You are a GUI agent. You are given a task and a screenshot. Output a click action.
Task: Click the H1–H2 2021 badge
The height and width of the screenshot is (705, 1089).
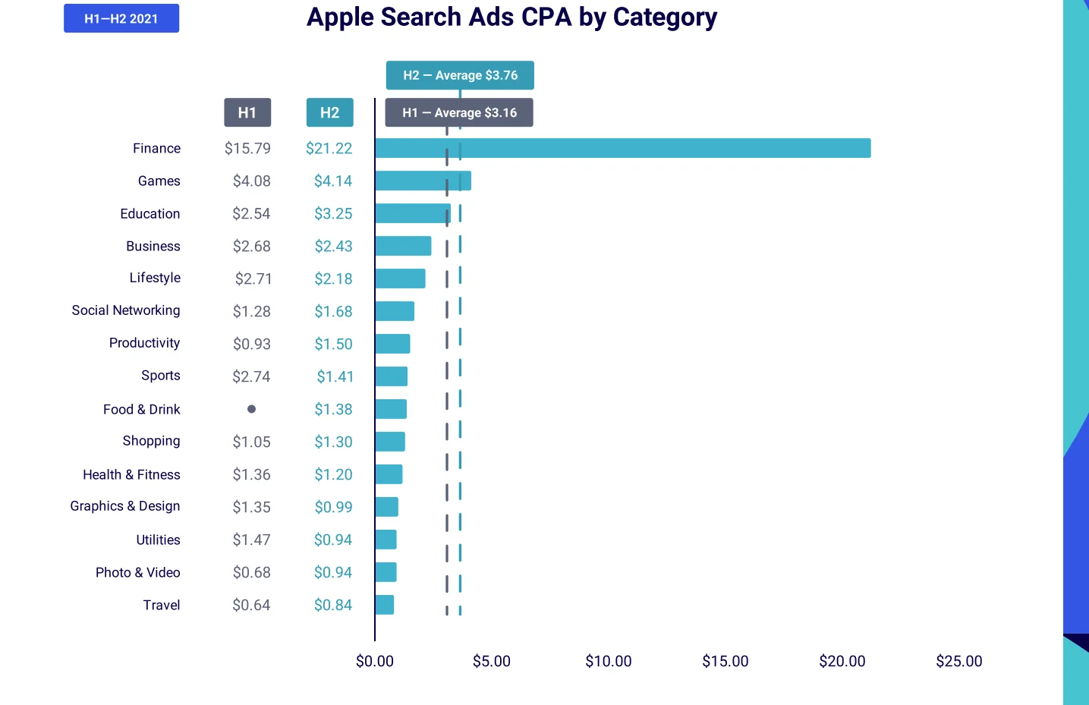coord(121,18)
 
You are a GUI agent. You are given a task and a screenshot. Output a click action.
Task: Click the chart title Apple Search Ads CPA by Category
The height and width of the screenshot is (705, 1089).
coord(511,17)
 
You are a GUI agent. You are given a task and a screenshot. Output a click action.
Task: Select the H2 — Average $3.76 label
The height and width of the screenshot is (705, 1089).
coord(460,75)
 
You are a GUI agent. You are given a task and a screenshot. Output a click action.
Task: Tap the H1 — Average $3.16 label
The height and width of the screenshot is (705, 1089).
coord(459,112)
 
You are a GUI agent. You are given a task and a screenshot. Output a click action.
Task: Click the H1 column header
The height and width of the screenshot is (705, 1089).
coord(247,112)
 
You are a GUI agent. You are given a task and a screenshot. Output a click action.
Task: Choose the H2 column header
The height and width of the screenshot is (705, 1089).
coord(329,112)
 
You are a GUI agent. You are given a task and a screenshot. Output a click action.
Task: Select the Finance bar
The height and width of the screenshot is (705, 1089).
coord(622,148)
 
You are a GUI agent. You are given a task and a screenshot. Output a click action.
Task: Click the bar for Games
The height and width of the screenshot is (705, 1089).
coord(423,181)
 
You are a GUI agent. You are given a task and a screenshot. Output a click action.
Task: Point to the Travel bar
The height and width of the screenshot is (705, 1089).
coord(385,605)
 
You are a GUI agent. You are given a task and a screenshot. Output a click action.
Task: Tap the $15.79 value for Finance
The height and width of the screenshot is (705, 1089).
coord(247,148)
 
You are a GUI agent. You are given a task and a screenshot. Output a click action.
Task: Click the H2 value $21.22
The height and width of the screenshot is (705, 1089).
coord(329,148)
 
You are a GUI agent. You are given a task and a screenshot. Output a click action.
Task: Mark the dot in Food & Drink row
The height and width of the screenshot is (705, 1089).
coord(251,409)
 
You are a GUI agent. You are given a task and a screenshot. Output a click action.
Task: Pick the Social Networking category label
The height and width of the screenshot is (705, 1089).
coord(126,310)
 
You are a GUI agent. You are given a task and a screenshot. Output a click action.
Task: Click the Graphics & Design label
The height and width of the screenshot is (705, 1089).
coord(125,506)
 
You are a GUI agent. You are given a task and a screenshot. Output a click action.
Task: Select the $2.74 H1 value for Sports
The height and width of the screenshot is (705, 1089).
coord(251,376)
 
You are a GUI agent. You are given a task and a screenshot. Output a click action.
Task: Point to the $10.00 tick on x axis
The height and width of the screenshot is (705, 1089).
coord(608,661)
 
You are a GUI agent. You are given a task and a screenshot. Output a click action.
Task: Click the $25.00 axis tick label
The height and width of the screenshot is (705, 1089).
coord(958,661)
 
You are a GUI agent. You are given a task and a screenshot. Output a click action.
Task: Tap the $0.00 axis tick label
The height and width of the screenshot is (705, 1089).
coord(375,661)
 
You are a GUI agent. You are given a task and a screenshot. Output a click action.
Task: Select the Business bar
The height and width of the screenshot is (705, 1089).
coord(403,246)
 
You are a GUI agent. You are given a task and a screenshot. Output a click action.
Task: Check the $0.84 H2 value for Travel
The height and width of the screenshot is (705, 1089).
coord(333,605)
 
